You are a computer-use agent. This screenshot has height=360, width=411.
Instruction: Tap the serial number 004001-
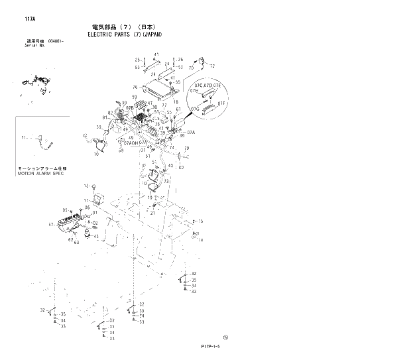tap(65, 41)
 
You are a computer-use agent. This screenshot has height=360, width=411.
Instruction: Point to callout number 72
tap(212, 67)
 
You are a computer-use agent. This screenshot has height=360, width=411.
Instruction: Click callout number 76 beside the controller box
tap(134, 87)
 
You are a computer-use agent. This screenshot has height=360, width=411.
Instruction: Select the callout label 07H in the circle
tap(194, 90)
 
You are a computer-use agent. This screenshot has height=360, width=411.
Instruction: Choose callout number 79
tap(186, 148)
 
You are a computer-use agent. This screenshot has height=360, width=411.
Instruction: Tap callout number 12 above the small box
tap(85, 186)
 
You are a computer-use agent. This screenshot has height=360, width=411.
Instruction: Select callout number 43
tap(96, 237)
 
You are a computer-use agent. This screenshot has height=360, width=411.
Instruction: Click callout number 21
tap(152, 213)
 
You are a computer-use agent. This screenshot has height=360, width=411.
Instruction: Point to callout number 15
tap(200, 221)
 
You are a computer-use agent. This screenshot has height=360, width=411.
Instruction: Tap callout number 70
tap(191, 68)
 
